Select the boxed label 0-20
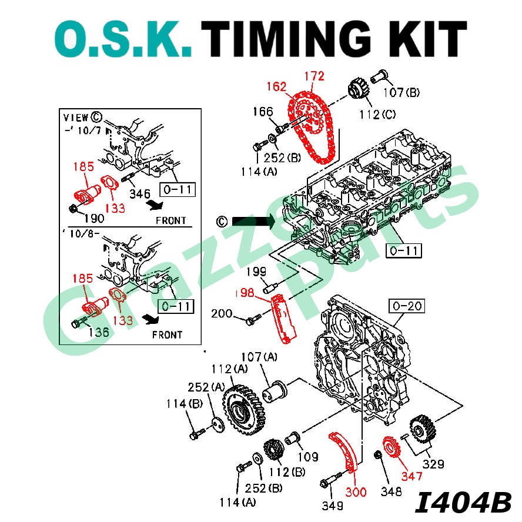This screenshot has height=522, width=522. (406, 306)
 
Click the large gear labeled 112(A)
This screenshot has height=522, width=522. (242, 407)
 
